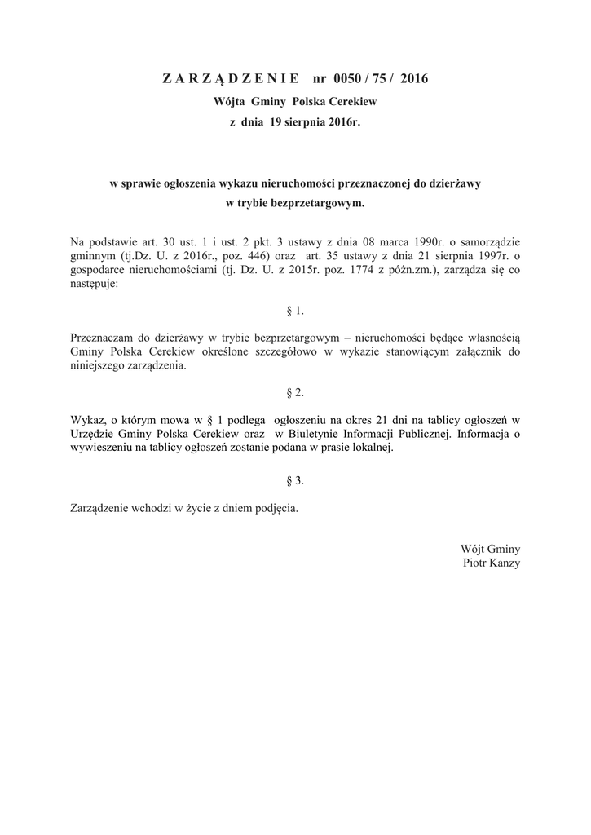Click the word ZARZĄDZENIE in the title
[232, 79]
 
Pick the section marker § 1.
[295, 311]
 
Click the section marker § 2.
[295, 393]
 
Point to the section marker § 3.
[295, 481]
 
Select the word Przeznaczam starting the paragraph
[100, 337]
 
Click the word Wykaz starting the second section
[87, 419]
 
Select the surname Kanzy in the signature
[505, 563]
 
